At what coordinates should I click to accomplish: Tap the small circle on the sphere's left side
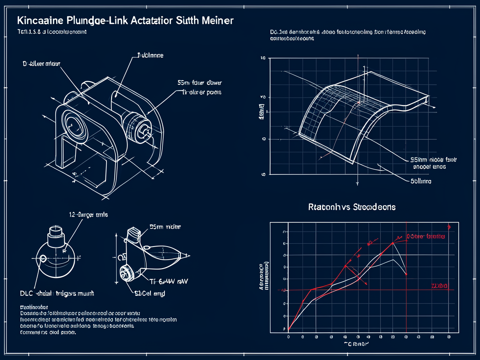click(43, 258)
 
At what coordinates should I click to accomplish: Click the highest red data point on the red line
click(393, 243)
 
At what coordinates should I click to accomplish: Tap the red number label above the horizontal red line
click(439, 285)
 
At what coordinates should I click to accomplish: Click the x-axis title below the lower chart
click(356, 344)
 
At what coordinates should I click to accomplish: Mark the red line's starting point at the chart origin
click(288, 330)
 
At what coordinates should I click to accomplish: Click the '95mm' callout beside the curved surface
click(413, 160)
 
